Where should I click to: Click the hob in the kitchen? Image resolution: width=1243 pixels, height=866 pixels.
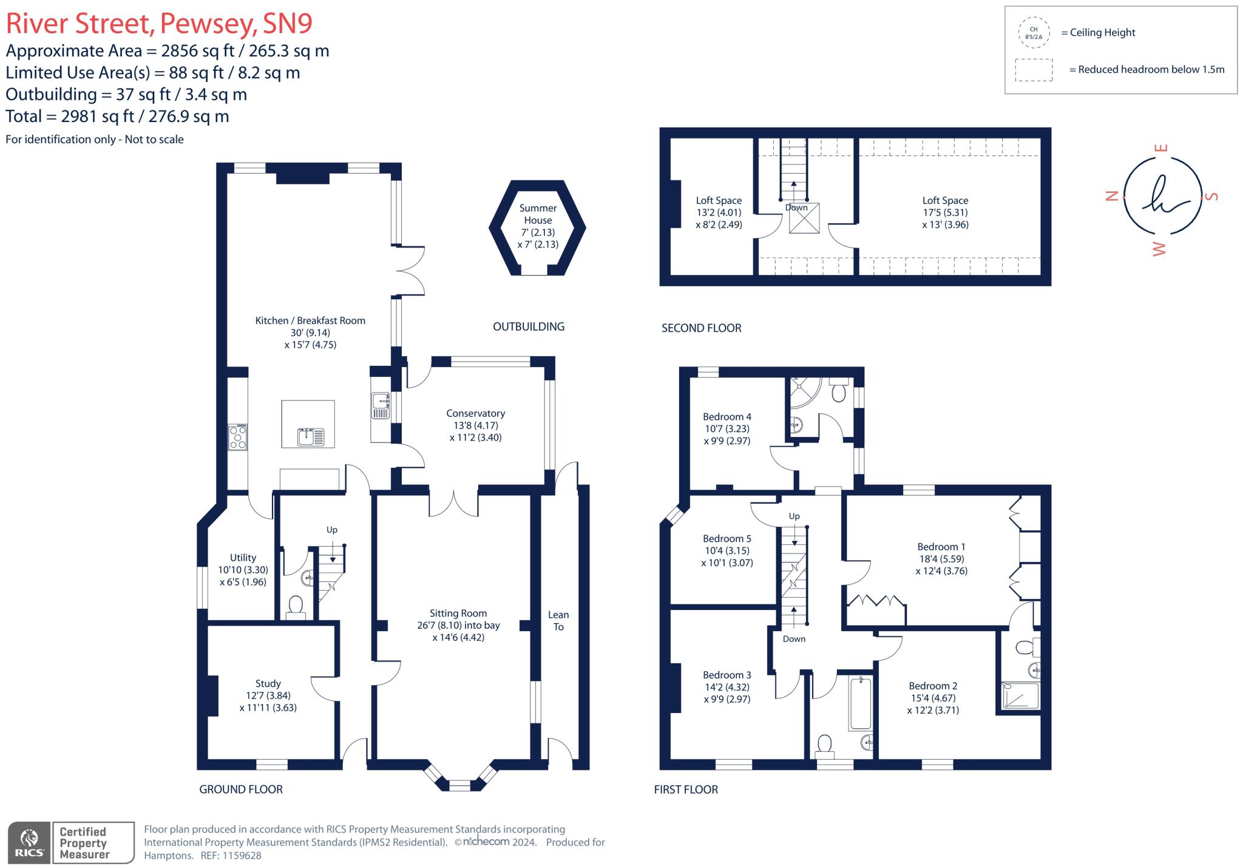(x=237, y=437)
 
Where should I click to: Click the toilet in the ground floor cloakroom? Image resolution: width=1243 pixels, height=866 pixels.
(x=296, y=606)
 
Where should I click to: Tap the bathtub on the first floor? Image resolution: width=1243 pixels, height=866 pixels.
(x=860, y=703)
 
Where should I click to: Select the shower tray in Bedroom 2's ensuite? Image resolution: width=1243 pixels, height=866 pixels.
(x=1020, y=695)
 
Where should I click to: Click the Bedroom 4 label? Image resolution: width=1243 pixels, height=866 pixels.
(x=726, y=417)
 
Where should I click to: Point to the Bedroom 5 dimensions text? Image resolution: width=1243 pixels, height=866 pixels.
(x=726, y=556)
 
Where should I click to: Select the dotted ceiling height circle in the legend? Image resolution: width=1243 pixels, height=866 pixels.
(x=1033, y=33)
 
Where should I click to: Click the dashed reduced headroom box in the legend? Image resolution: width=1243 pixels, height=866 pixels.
(x=1033, y=70)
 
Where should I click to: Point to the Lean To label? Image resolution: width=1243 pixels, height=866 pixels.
(x=558, y=621)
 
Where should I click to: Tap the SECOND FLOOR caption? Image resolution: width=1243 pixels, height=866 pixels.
(x=701, y=328)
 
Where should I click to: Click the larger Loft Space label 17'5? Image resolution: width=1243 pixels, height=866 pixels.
(x=945, y=212)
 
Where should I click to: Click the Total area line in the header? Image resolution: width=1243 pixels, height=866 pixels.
(x=117, y=117)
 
